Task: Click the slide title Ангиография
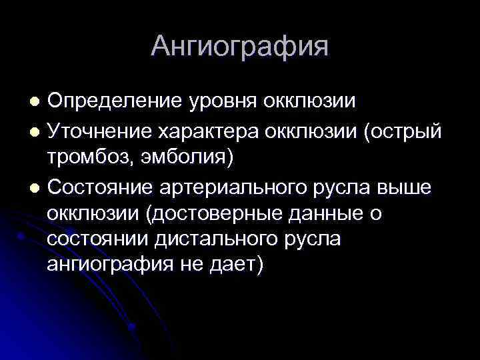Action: (x=239, y=47)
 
